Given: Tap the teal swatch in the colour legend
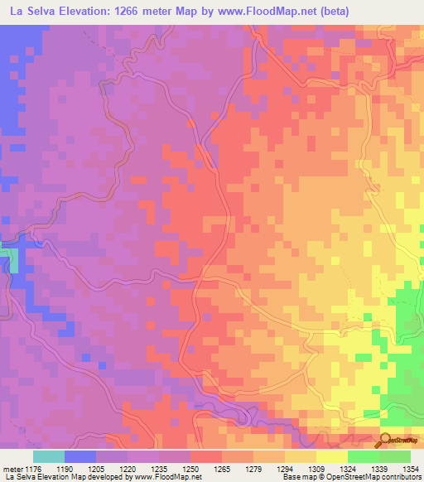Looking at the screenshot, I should [48, 456].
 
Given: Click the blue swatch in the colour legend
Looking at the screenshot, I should [79, 456].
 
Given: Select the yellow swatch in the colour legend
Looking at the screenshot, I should [331, 456].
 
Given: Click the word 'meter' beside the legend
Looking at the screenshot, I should [11, 469].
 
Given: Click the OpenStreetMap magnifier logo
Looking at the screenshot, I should [386, 440].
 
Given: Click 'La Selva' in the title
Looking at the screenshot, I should [34, 12].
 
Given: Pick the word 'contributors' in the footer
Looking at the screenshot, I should [399, 478].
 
